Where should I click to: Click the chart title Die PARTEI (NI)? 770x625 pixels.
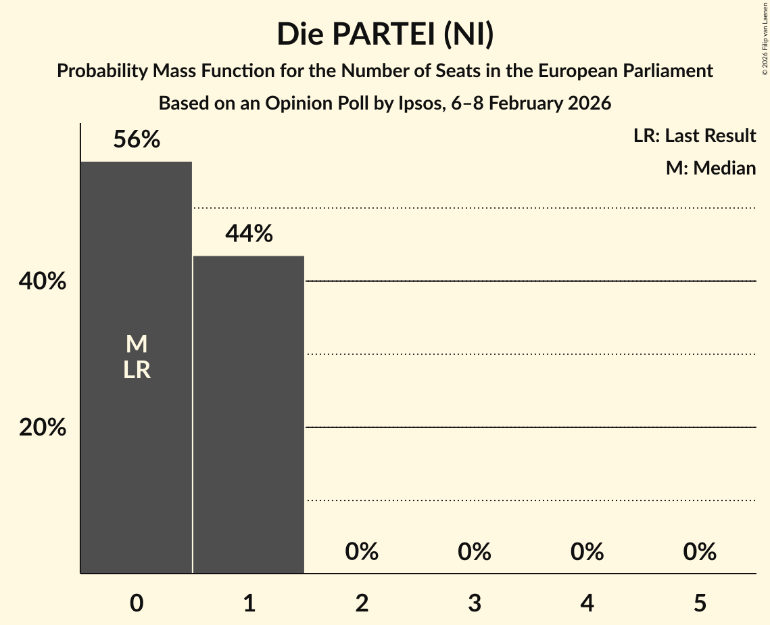[x=385, y=34]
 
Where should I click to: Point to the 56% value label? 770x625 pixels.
[x=137, y=139]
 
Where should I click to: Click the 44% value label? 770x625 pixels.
[x=249, y=233]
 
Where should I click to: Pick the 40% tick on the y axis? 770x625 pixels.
[x=43, y=281]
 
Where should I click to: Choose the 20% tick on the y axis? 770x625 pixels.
[x=43, y=427]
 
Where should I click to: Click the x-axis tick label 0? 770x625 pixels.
[x=137, y=603]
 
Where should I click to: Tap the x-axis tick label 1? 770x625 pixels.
[x=249, y=603]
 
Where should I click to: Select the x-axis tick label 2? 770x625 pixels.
[x=362, y=603]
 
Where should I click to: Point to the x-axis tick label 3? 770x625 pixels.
[x=474, y=603]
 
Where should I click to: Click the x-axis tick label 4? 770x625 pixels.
[x=587, y=603]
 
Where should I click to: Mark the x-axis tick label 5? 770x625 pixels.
[x=699, y=603]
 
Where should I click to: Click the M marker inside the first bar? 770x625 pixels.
[x=137, y=344]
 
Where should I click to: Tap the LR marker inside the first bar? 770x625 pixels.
[x=137, y=370]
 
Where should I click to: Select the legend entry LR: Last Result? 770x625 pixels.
[x=694, y=136]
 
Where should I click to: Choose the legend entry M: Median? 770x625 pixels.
[x=711, y=168]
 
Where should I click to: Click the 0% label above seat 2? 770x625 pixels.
[x=362, y=552]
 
